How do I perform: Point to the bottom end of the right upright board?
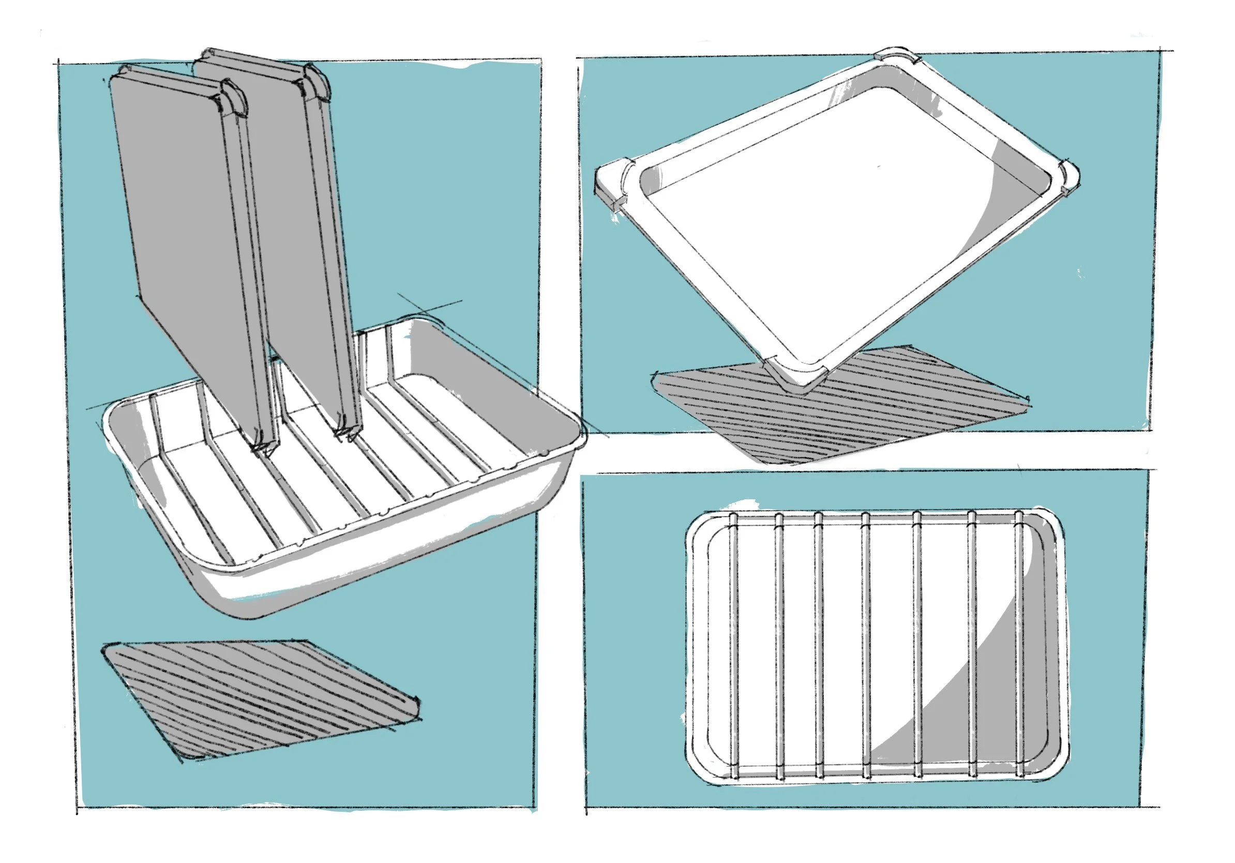tap(347, 430)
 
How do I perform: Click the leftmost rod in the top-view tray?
tap(733, 646)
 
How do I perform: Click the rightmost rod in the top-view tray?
tap(1018, 646)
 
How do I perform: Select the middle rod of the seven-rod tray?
tap(866, 646)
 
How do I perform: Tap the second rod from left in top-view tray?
tap(779, 646)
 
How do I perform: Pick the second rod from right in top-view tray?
tap(972, 646)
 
